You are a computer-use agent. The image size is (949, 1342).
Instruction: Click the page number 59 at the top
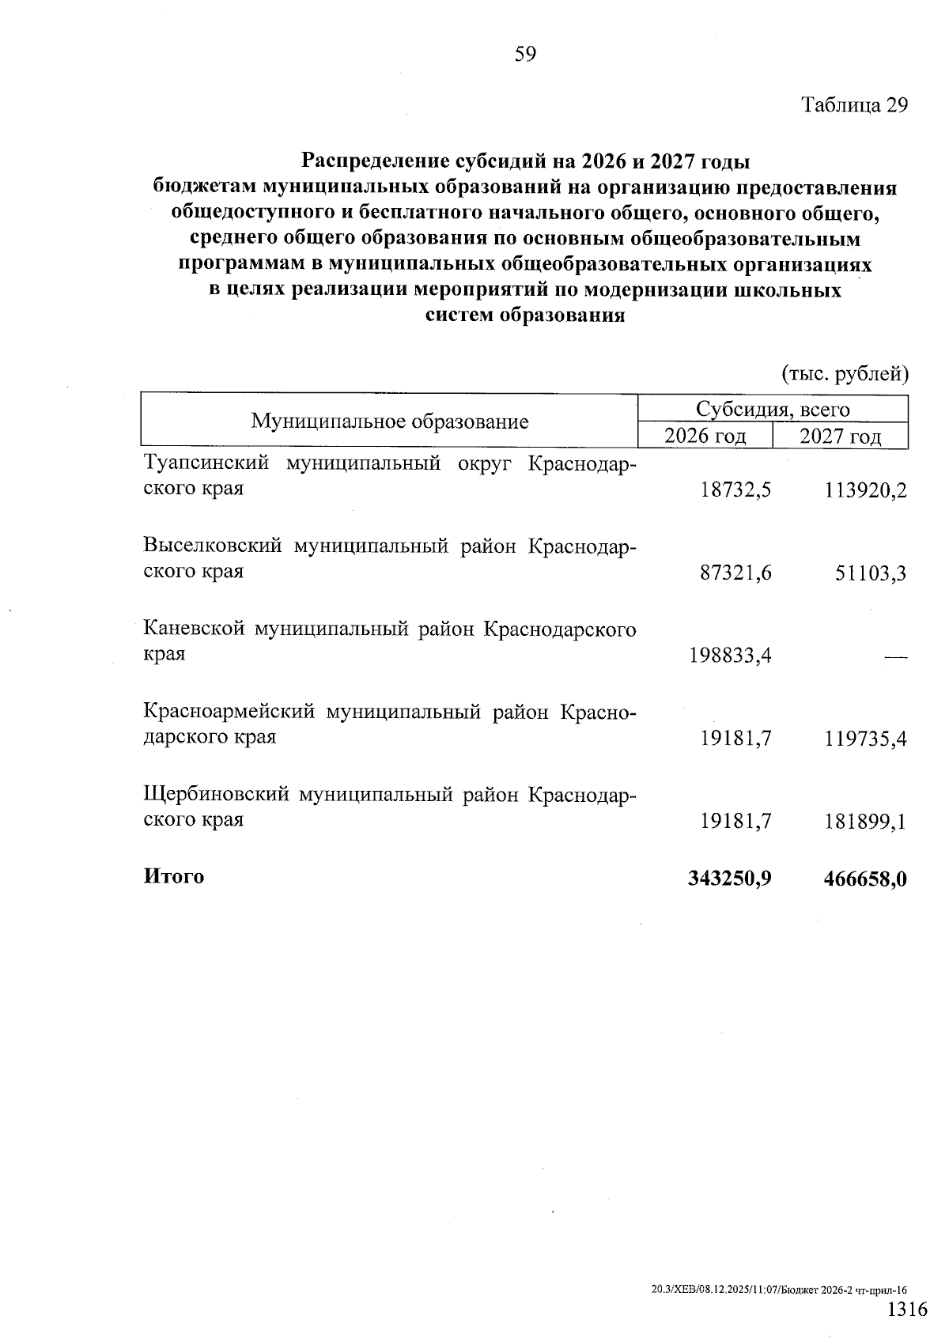pyautogui.click(x=525, y=55)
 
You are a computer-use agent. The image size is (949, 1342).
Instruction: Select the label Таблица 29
pyautogui.click(x=855, y=106)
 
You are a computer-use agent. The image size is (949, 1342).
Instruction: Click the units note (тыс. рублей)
pyautogui.click(x=845, y=373)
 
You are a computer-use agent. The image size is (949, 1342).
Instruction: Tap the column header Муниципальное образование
pyautogui.click(x=390, y=422)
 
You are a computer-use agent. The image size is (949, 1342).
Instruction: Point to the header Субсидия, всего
pyautogui.click(x=773, y=410)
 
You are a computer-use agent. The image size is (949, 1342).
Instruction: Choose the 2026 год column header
pyautogui.click(x=705, y=437)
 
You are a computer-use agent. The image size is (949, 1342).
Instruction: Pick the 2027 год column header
pyautogui.click(x=840, y=437)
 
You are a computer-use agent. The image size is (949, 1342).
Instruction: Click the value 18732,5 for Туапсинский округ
pyautogui.click(x=735, y=490)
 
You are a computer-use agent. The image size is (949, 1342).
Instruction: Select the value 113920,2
pyautogui.click(x=865, y=491)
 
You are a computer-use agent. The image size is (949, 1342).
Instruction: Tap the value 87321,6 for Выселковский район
pyautogui.click(x=735, y=573)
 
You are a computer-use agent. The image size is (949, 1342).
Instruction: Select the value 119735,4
pyautogui.click(x=865, y=739)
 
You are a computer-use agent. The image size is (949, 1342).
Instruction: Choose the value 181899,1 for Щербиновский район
pyautogui.click(x=865, y=822)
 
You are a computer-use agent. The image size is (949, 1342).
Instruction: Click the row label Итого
pyautogui.click(x=174, y=877)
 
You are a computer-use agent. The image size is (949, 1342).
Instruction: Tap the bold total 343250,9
pyautogui.click(x=730, y=879)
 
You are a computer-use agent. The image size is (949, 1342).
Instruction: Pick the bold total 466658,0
pyautogui.click(x=865, y=879)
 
